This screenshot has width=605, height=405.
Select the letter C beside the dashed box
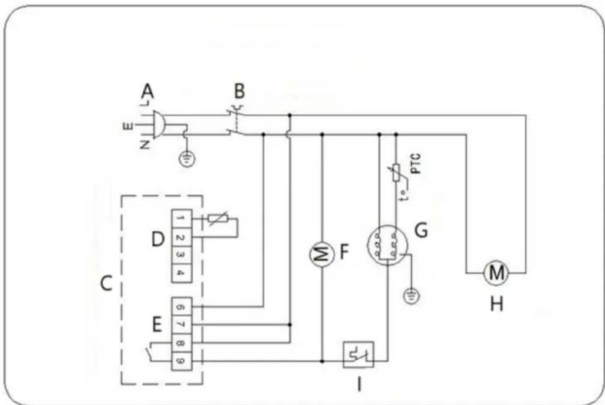coord(106,283)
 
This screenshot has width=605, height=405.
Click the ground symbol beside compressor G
coord(409,294)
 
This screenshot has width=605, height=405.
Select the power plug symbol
coord(157,124)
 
